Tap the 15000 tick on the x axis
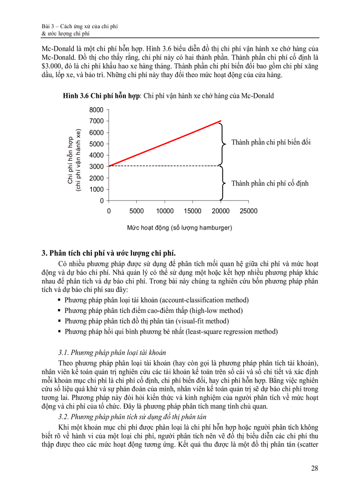pos(192,211)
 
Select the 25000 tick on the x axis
pos(248,211)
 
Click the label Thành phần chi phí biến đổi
pos(271,142)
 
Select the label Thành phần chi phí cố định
pos(270,183)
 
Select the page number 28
pos(314,468)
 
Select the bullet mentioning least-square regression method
pos(171,331)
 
